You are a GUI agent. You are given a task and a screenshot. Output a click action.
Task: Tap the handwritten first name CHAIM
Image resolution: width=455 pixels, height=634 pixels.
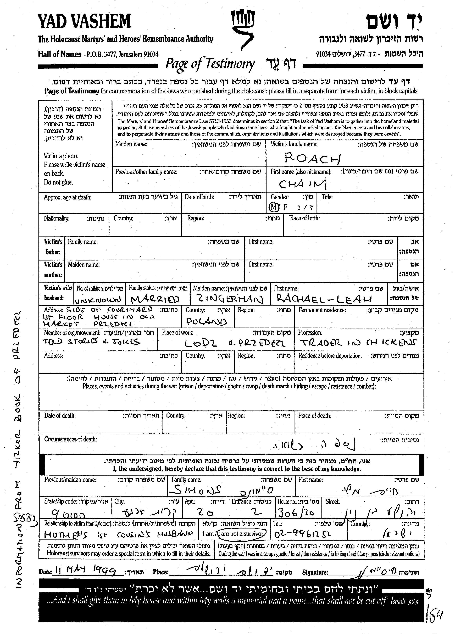coord(302,184)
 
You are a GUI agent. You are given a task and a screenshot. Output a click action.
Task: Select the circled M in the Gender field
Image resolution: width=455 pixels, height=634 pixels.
coord(274,207)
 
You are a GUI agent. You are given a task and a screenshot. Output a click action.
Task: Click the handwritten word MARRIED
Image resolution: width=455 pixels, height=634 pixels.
coord(155,299)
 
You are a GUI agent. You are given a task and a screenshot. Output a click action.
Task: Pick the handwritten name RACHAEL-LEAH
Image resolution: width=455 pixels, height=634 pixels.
coord(324,299)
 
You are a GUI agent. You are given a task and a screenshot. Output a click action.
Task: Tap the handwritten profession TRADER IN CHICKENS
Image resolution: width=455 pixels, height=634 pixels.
coord(358,342)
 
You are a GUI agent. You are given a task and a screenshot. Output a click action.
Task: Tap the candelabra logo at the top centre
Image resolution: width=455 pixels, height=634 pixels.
coord(242,28)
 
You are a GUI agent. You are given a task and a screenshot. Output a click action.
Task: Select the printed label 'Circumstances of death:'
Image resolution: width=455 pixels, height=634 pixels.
coord(71,439)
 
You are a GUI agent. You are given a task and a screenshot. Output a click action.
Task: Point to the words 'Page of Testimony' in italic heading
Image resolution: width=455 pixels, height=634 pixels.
coord(210,64)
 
